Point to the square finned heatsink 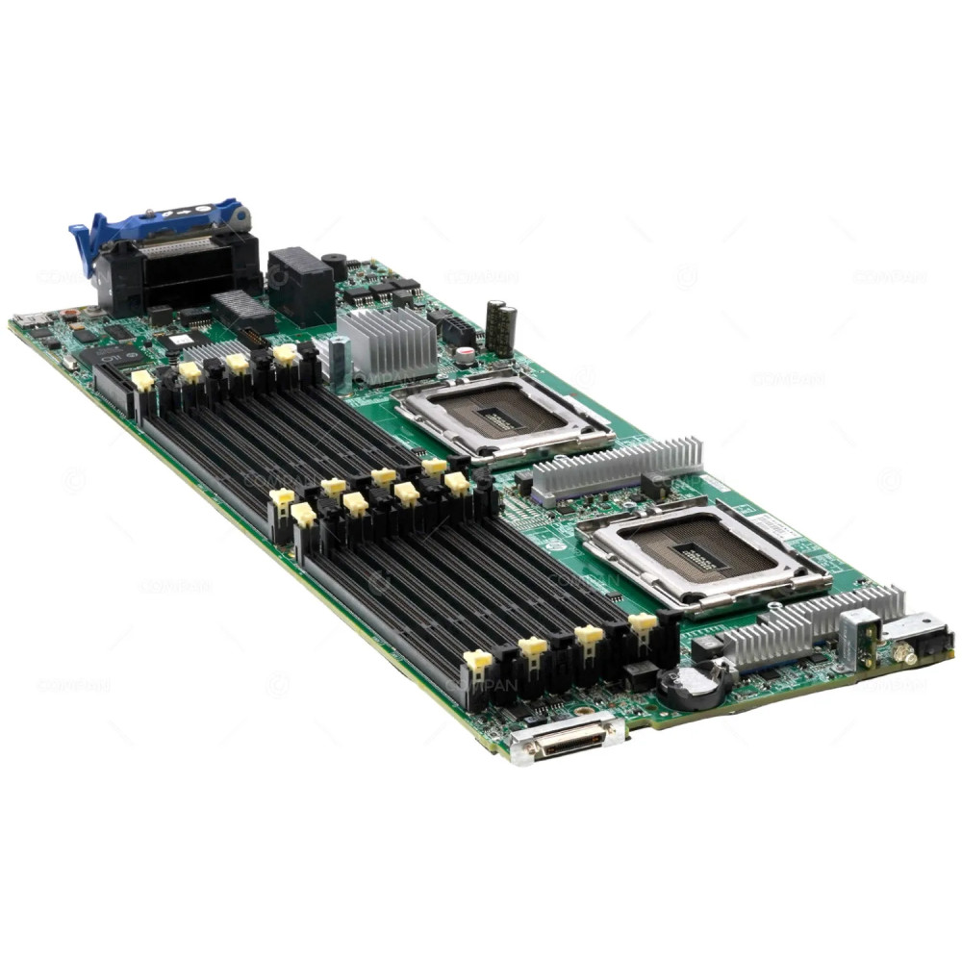[x=388, y=342]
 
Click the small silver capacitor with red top [x=466, y=355]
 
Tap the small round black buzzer [x=335, y=263]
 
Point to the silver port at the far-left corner [x=27, y=319]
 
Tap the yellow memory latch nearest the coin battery [x=643, y=622]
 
